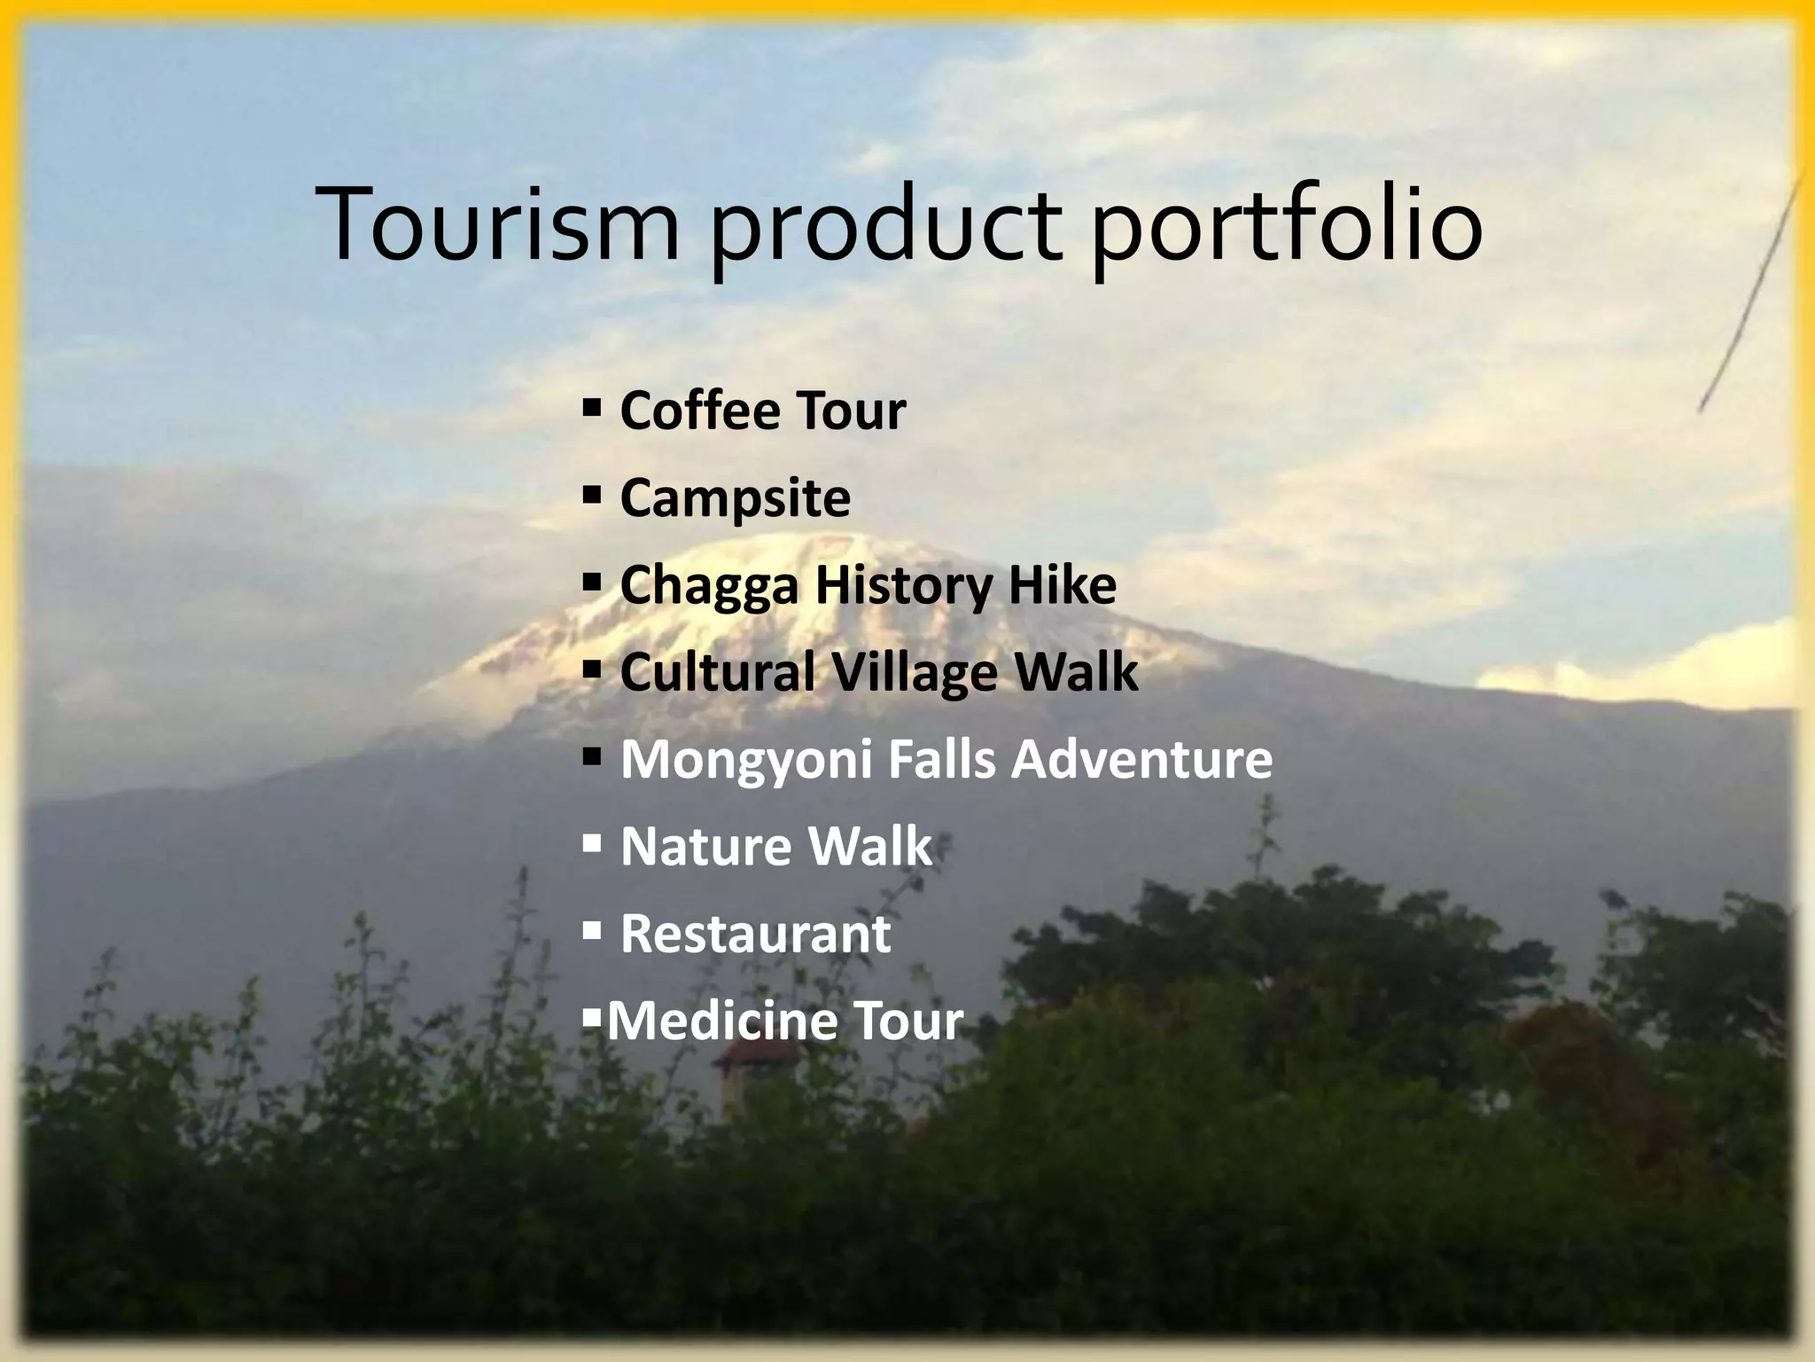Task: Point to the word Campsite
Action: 735,498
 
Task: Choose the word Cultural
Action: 717,671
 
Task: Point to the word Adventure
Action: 1141,759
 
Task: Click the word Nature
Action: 701,846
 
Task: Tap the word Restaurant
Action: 755,934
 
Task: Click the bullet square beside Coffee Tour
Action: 592,408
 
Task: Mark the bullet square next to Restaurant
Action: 592,931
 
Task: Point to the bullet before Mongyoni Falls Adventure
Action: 592,757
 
